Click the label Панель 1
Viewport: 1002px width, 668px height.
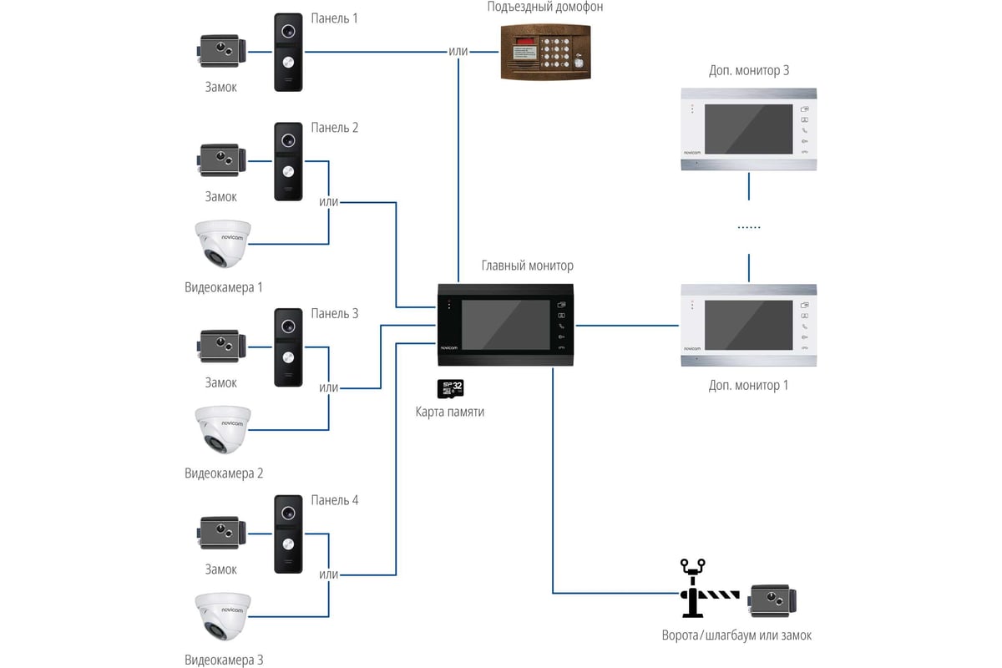pos(334,18)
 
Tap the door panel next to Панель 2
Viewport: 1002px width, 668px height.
pos(288,162)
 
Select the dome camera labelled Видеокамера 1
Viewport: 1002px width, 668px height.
pos(222,244)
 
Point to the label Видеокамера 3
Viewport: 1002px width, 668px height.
pos(224,660)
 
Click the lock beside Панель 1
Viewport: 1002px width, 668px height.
pos(221,52)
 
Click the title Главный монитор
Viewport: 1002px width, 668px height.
pos(528,266)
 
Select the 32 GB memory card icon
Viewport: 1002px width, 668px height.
pos(451,388)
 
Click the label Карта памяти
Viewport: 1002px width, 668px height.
pos(450,412)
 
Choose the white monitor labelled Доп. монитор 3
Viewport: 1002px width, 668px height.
pos(748,129)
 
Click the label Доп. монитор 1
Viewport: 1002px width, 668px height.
pos(748,385)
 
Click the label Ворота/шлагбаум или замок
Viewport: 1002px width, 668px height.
pos(735,635)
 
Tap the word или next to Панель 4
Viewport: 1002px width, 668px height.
pos(329,574)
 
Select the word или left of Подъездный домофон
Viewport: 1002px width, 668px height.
pos(458,51)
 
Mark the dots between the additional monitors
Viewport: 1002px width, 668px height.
pos(748,227)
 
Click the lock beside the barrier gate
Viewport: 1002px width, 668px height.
pos(773,600)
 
